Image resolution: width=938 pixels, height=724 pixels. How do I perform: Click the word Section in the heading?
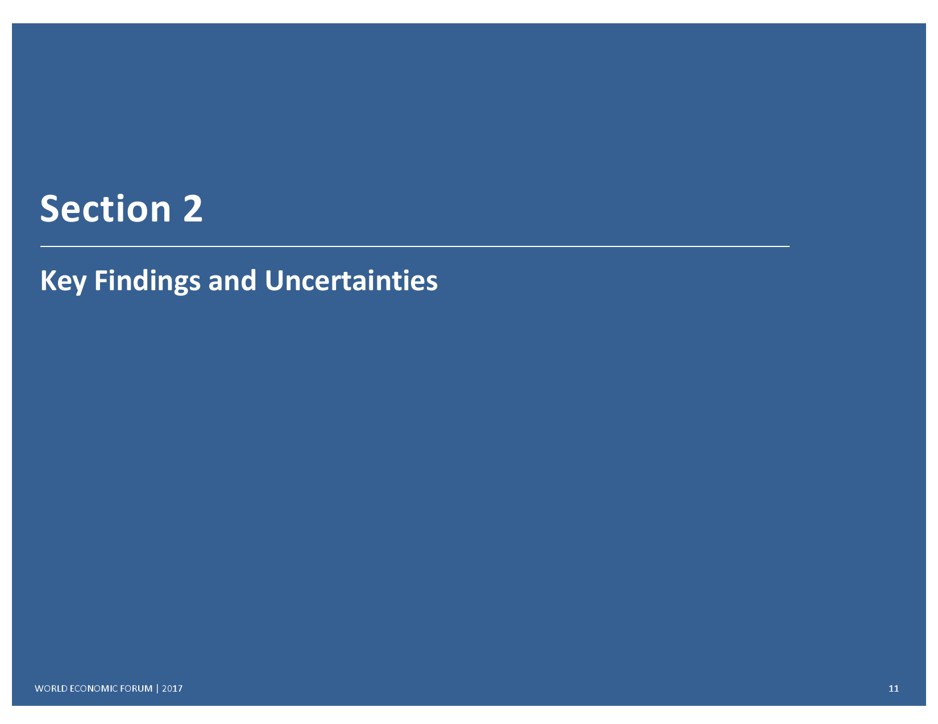point(105,209)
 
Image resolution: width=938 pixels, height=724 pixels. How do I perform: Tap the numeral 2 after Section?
point(193,209)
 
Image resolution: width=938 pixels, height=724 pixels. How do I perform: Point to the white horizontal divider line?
point(415,246)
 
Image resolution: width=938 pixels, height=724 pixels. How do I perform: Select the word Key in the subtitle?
point(63,281)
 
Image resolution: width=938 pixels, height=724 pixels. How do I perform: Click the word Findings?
point(147,281)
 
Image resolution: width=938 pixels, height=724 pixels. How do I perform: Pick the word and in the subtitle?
point(233,281)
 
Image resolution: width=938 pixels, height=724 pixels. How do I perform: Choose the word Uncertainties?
point(351,281)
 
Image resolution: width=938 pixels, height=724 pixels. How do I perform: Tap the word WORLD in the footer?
point(51,688)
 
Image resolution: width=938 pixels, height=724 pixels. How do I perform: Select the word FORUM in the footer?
point(136,688)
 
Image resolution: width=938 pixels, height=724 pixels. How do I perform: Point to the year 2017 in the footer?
point(172,688)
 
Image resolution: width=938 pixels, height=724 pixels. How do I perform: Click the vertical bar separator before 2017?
point(157,688)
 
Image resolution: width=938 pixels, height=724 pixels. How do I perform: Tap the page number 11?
point(894,688)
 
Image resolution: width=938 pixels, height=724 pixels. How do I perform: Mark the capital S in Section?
point(49,209)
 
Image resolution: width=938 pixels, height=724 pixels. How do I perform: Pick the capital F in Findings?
point(101,281)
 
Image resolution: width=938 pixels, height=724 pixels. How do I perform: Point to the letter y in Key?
point(79,285)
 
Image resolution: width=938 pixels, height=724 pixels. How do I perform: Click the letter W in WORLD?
point(40,688)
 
